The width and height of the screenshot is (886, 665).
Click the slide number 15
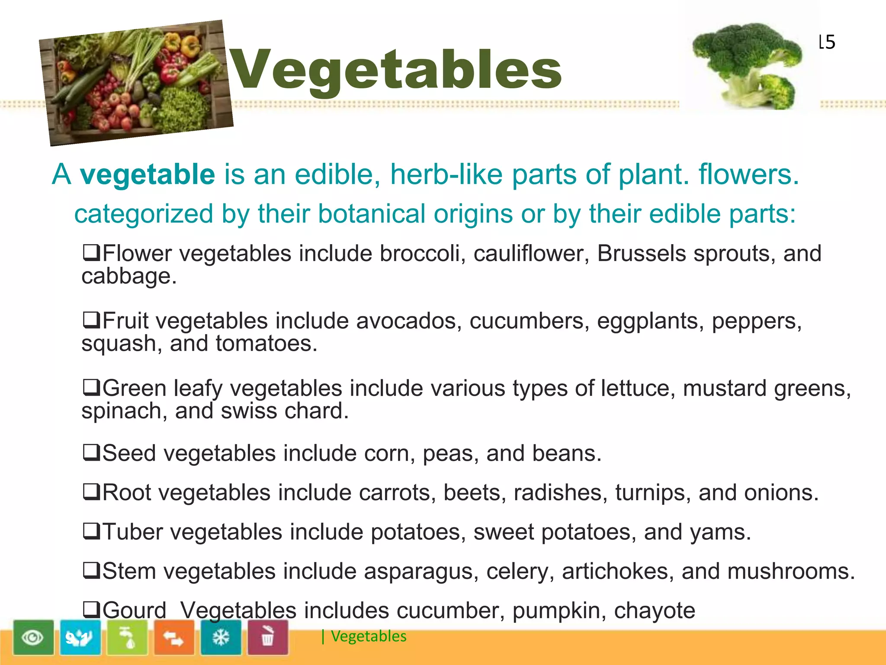pos(827,42)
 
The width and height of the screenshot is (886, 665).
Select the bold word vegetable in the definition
pos(148,174)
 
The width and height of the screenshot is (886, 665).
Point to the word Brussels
pos(642,254)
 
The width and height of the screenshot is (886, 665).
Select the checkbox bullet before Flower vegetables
pos(92,253)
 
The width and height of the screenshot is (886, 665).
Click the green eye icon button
pos(33,637)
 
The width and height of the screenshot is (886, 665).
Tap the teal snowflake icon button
pos(221,637)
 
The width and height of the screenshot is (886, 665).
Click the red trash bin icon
pos(268,637)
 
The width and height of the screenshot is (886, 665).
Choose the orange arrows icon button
pos(174,637)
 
